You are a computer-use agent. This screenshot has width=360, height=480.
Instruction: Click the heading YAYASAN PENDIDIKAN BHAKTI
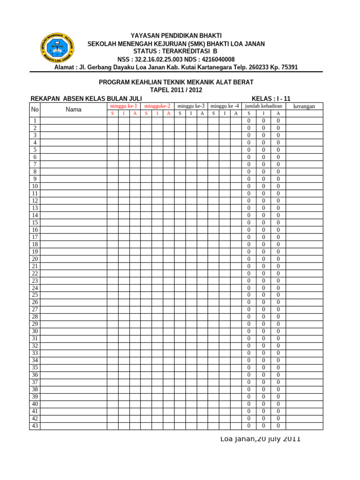pos(176,36)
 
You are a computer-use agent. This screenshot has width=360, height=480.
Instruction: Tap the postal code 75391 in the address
pos(289,67)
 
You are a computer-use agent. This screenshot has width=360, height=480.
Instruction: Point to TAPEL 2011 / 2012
pos(176,90)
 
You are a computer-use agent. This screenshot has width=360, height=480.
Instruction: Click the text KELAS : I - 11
pos(271,98)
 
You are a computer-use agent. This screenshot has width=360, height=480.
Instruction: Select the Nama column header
pos(73,110)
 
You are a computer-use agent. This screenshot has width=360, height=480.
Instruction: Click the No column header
pos(35,110)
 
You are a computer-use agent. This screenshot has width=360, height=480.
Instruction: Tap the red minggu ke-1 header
pos(123,106)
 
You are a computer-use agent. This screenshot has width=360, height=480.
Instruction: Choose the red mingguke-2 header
pos(157,106)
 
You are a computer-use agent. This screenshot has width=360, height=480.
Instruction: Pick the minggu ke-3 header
pos(191,106)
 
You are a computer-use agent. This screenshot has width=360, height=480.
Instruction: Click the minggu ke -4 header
pos(225,106)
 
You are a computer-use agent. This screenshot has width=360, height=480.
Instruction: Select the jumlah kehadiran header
pos(263,106)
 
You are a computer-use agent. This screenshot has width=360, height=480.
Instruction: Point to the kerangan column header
pos(304,106)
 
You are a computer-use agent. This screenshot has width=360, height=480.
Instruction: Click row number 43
pos(35,426)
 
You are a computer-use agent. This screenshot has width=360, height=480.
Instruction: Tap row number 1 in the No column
pos(35,121)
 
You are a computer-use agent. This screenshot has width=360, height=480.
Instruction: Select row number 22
pos(35,273)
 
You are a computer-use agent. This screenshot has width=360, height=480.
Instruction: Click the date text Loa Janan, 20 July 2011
pos(260,439)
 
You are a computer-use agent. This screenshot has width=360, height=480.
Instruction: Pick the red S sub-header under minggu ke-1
pos(112,113)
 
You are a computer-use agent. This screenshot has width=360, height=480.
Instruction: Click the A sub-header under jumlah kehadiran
pos(278,113)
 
